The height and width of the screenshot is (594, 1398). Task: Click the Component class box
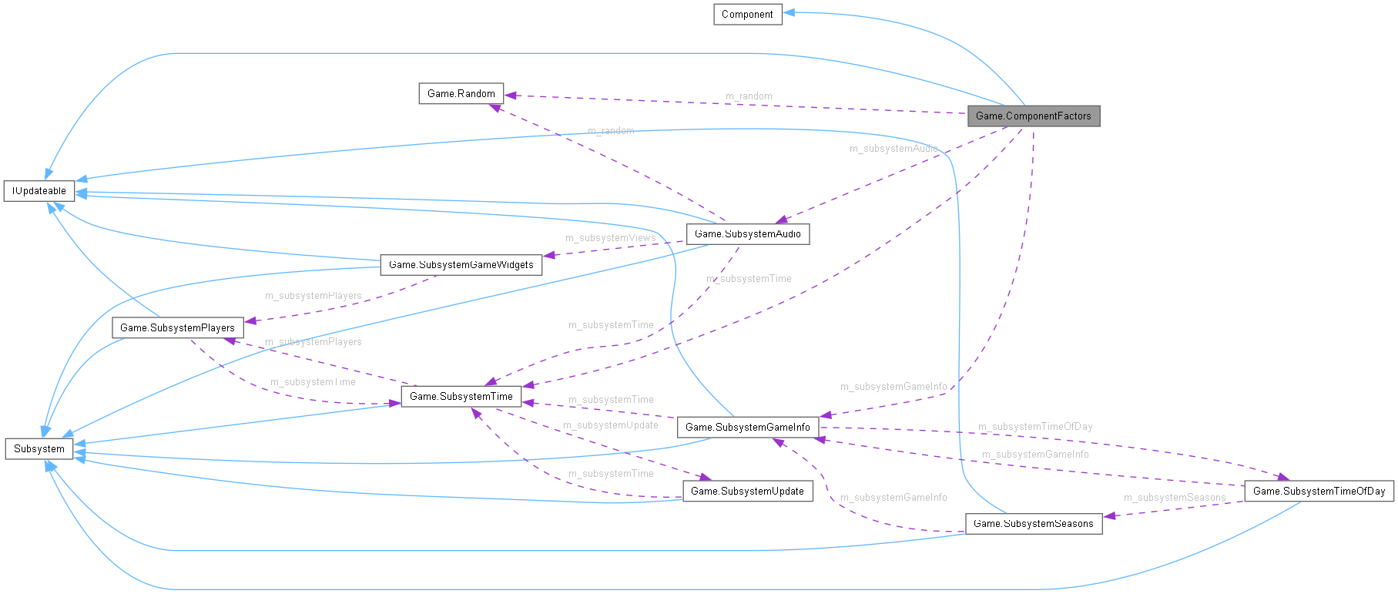tap(747, 15)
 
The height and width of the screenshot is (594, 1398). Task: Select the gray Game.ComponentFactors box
tap(1033, 116)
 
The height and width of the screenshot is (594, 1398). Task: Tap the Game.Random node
tap(461, 94)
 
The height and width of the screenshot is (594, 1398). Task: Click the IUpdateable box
tap(39, 191)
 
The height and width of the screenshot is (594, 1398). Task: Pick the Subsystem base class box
tap(39, 449)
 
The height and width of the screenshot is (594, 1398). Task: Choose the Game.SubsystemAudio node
tap(747, 234)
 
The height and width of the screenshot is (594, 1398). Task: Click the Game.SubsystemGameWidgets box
tap(461, 265)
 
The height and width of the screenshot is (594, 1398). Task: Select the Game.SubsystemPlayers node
tap(177, 328)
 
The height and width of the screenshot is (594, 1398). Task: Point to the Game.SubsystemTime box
tap(461, 397)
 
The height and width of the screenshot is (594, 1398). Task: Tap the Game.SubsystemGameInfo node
tap(747, 428)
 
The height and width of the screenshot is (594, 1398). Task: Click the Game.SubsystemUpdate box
tap(747, 492)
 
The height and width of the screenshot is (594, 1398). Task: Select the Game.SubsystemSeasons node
tap(1033, 524)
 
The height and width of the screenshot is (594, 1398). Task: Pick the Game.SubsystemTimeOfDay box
tap(1319, 492)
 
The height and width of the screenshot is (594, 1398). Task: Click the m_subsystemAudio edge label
tap(893, 149)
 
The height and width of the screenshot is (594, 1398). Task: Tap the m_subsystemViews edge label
tap(610, 238)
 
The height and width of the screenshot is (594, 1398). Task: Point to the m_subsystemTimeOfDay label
tap(1034, 427)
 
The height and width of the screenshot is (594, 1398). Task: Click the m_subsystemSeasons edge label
tap(1174, 498)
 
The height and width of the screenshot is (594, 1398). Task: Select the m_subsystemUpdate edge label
tap(610, 425)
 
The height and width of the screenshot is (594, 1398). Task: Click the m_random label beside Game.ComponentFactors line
tap(749, 96)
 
